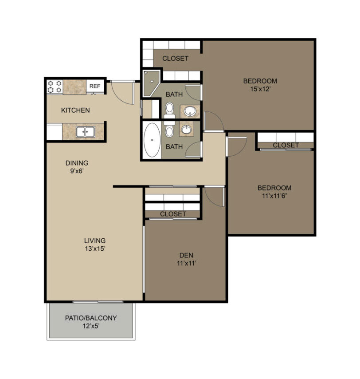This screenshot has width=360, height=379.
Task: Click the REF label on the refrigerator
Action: click(94, 86)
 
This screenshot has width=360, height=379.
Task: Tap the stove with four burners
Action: click(55, 87)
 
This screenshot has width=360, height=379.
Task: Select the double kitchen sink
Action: click(86, 132)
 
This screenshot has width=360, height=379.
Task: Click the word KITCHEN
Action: click(75, 110)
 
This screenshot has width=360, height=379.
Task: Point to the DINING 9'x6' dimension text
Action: click(77, 171)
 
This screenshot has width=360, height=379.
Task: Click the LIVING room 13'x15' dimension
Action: click(95, 249)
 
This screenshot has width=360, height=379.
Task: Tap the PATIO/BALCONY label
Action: click(91, 318)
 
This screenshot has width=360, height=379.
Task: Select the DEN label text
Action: click(186, 255)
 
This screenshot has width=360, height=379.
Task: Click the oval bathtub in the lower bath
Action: click(152, 140)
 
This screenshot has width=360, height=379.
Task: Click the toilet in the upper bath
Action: click(169, 110)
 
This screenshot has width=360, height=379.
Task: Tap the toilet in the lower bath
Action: click(169, 129)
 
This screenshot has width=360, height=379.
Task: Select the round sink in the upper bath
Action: click(190, 111)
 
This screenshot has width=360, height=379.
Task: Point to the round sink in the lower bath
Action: click(186, 130)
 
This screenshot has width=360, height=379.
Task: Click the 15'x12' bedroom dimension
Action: click(260, 89)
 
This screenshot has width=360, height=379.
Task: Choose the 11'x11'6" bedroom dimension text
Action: click(274, 196)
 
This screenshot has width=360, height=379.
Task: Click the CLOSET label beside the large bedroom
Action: click(175, 59)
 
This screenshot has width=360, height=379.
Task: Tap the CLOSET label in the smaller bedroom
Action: click(286, 145)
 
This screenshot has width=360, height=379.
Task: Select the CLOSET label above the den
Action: click(173, 214)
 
